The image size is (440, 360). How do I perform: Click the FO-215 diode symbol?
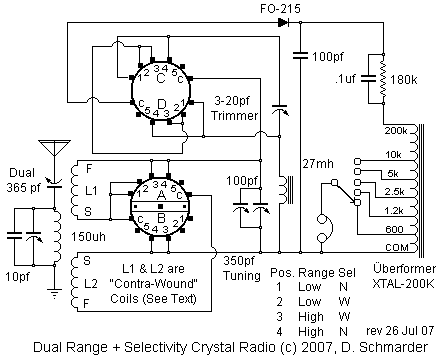(283, 23)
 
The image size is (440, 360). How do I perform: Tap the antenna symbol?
(54, 148)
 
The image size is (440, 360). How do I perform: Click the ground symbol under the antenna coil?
(55, 293)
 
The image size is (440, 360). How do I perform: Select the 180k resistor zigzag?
(383, 79)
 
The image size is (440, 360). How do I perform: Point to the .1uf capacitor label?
(345, 79)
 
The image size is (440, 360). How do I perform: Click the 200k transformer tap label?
(396, 131)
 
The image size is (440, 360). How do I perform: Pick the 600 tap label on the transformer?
(394, 229)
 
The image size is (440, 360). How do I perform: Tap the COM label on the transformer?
(397, 247)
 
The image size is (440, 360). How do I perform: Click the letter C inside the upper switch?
(161, 79)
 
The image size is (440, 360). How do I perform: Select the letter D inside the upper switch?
(162, 104)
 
